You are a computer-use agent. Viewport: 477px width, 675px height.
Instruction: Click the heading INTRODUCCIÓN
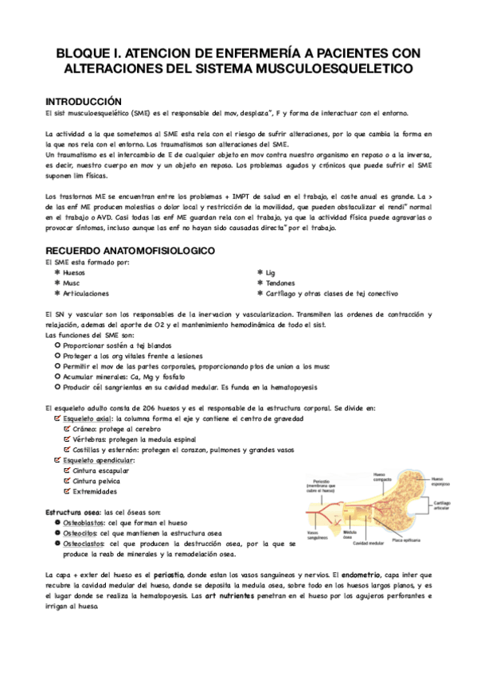pos(84,102)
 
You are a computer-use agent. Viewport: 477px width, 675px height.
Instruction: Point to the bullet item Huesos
pos(74,272)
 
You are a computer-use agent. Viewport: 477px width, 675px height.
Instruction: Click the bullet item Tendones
pos(280,283)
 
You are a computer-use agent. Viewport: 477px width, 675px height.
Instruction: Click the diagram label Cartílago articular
pos(442,505)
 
